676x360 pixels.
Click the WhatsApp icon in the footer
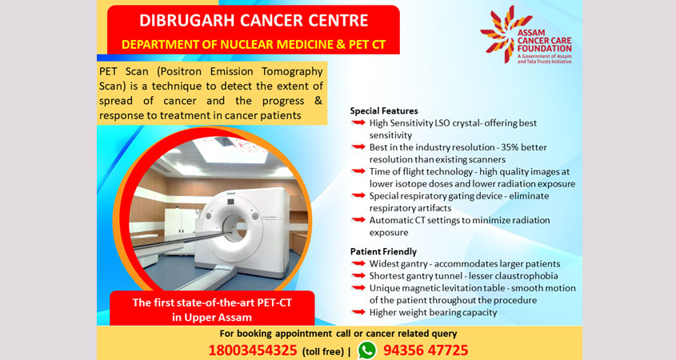(367, 350)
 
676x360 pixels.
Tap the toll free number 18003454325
(253, 350)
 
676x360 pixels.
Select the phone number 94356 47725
(426, 350)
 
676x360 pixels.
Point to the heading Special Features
(384, 111)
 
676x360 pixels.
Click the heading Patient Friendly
(383, 251)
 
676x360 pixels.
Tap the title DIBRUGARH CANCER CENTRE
(254, 20)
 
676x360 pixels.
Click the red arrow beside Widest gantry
(358, 263)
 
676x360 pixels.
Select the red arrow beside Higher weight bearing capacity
(358, 312)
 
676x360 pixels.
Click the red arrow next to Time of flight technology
(358, 171)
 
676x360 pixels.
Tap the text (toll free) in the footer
(323, 351)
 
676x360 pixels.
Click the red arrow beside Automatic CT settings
(358, 219)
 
